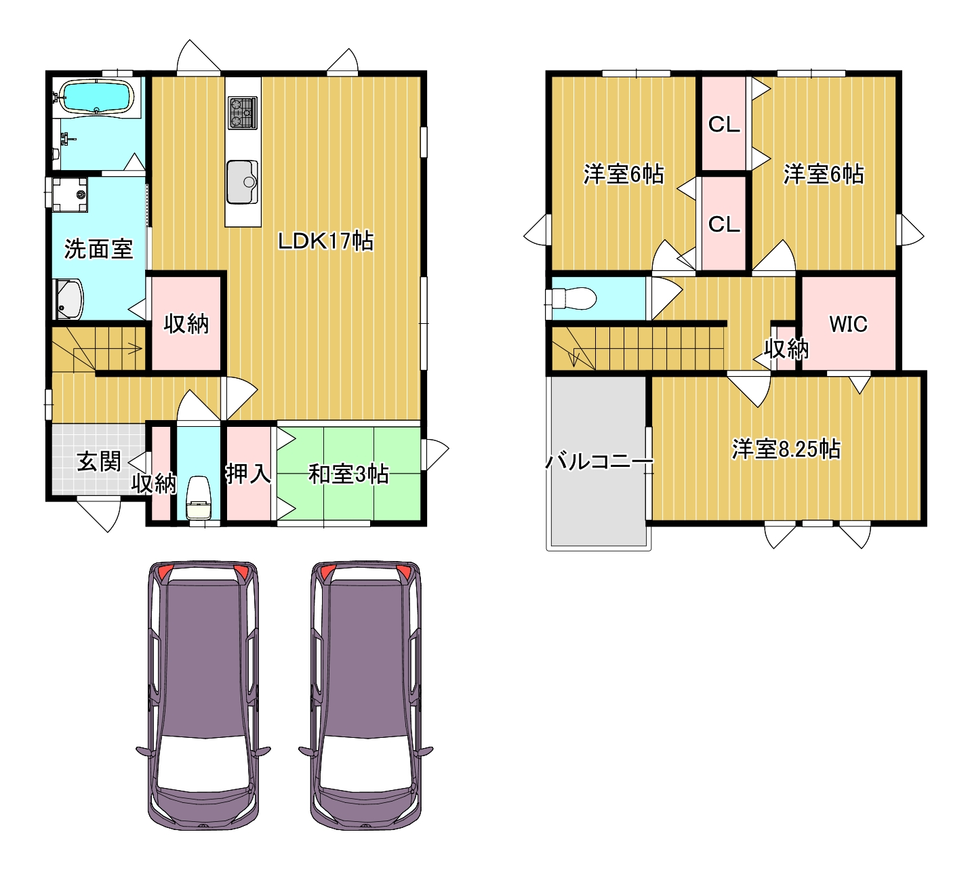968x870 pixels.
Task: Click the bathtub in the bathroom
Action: click(x=96, y=96)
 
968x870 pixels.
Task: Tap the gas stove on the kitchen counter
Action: click(x=243, y=113)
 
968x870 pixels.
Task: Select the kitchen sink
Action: click(x=243, y=182)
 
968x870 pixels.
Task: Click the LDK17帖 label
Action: click(x=326, y=241)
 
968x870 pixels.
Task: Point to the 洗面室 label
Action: click(x=98, y=249)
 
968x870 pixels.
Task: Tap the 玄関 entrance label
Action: click(x=99, y=462)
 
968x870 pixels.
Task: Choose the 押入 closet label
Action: click(x=249, y=474)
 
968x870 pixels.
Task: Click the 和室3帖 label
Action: click(x=348, y=474)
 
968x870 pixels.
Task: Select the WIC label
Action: click(x=848, y=324)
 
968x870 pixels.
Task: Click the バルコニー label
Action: click(x=599, y=462)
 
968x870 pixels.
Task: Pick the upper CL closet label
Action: click(x=724, y=125)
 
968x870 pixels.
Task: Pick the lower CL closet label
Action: click(x=724, y=224)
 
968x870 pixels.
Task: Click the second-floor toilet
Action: click(x=572, y=298)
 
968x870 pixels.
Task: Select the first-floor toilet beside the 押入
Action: click(x=199, y=497)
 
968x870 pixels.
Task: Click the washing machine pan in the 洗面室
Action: click(x=70, y=194)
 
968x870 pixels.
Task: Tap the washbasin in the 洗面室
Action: click(x=69, y=299)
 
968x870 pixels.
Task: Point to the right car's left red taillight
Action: click(x=327, y=572)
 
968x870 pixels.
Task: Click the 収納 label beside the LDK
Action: click(x=186, y=323)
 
